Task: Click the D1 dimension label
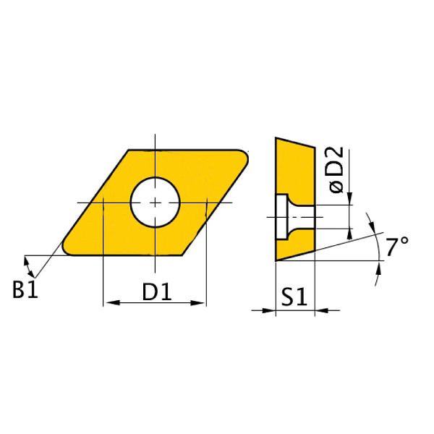click(x=156, y=292)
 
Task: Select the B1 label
click(x=24, y=291)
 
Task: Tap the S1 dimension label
click(x=295, y=297)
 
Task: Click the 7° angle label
click(x=396, y=247)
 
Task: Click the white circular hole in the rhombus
click(x=155, y=202)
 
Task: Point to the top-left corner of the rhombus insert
click(x=129, y=150)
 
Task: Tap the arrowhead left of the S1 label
click(x=269, y=311)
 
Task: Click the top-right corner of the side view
click(x=315, y=149)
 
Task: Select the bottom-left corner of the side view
click(x=276, y=259)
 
